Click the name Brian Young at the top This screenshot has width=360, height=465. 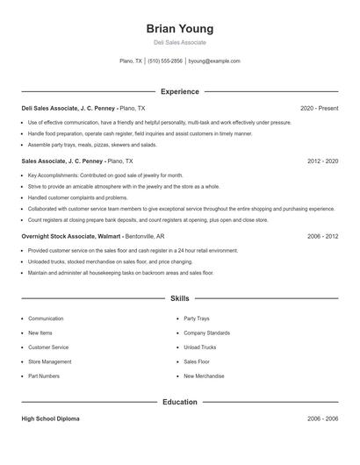pos(179,28)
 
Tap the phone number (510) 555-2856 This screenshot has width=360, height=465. pos(165,61)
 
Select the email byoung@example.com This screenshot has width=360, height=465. pos(214,61)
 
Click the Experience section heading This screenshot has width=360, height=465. pos(179,91)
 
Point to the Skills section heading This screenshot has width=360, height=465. pos(179,299)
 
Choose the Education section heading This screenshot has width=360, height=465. pos(179,402)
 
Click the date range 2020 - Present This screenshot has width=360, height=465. pos(319,108)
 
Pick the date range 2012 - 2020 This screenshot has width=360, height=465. pos(323,161)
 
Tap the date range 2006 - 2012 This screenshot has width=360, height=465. pos(323,236)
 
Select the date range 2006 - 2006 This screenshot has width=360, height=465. pos(323,419)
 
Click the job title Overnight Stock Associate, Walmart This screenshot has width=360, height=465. pos(72,236)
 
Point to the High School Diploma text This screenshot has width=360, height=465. pos(50,419)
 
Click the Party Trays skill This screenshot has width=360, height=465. pos(197,318)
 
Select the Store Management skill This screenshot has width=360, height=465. pos(50,361)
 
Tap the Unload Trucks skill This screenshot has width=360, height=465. pos(199,347)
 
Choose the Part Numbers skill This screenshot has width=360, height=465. pos(44,376)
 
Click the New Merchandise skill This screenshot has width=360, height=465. pos(204,376)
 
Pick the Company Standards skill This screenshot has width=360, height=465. pos(206,333)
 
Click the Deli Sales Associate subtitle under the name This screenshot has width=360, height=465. pos(179,42)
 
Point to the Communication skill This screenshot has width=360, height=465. pos(46,318)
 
